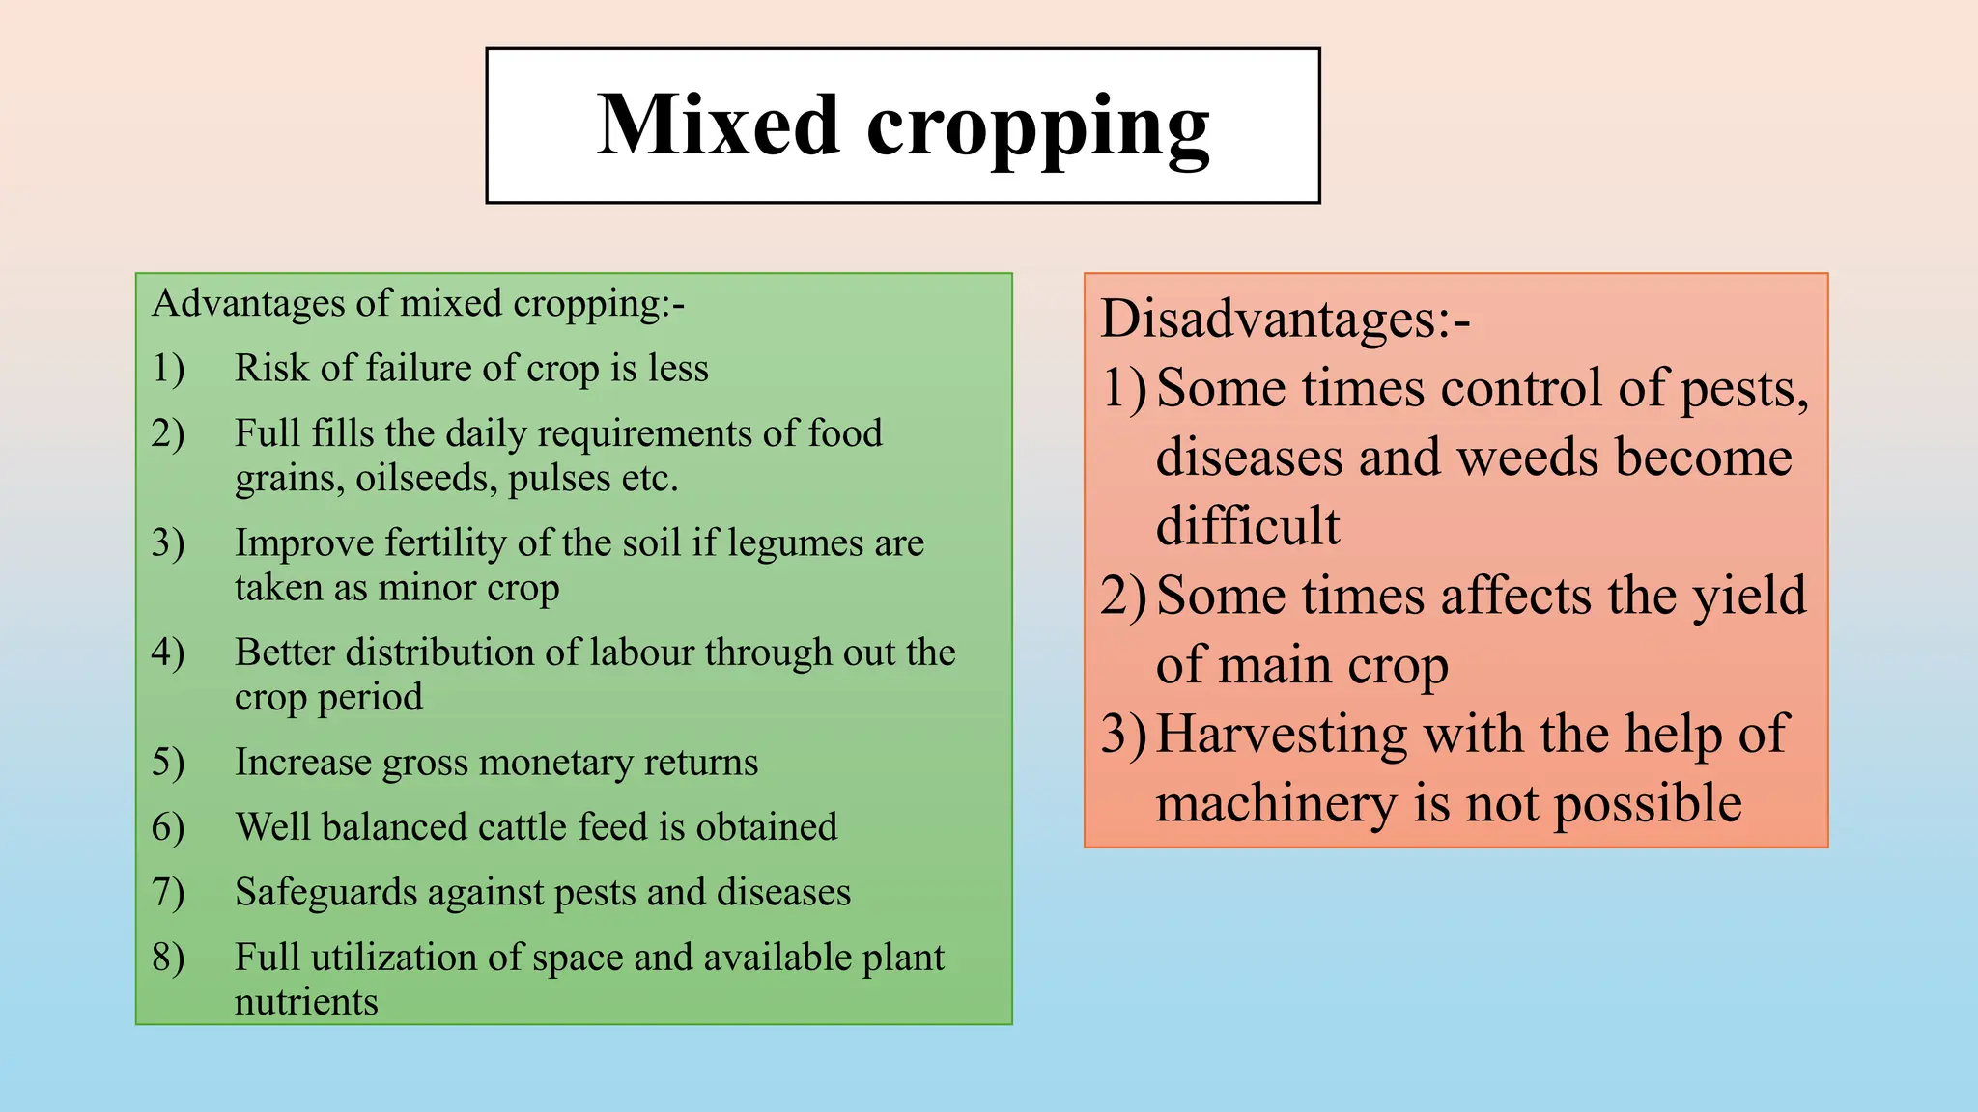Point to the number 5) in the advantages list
pyautogui.click(x=168, y=763)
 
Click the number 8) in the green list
pyautogui.click(x=168, y=958)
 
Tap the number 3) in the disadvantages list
pyautogui.click(x=1123, y=734)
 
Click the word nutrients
pyautogui.click(x=306, y=1002)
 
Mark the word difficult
pyautogui.click(x=1248, y=526)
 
